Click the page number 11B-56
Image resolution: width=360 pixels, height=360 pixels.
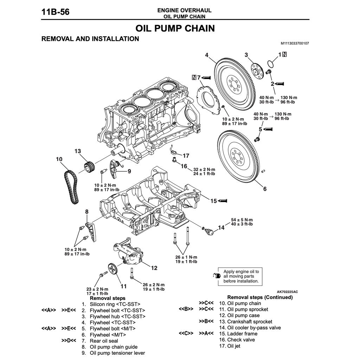pos(55,12)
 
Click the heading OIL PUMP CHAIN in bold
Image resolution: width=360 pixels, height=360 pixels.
pos(175,28)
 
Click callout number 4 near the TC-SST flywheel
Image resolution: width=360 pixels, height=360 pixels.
pos(207,55)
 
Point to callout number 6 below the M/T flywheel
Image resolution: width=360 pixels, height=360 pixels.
pos(265,189)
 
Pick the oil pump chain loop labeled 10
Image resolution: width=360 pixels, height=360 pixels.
pos(71,186)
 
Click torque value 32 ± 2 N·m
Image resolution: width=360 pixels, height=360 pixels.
pos(204,169)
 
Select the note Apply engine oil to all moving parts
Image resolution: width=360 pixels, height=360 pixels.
pos(241,276)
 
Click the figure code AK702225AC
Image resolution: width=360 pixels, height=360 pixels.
pos(287,292)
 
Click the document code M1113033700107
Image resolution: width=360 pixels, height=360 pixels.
pos(295,43)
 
